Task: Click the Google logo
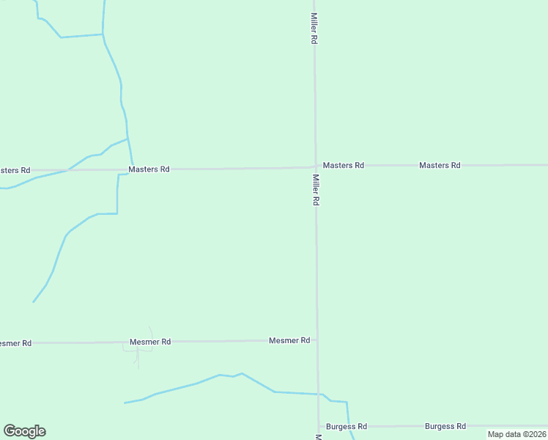24,431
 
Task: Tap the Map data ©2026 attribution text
516,434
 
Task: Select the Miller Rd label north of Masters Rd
314,29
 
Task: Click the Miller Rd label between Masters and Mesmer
316,189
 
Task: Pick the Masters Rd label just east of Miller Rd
344,166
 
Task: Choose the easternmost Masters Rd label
440,166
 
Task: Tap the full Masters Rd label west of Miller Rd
149,169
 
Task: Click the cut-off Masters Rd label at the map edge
15,170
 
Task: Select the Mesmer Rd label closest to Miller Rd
289,340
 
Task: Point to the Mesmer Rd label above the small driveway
150,342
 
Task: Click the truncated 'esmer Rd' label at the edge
15,342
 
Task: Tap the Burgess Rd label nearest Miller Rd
347,426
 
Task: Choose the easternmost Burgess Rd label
445,426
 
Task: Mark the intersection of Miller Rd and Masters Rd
316,166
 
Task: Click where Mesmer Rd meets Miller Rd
317,340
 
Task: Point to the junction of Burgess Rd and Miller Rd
319,426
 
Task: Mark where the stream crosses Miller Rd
318,395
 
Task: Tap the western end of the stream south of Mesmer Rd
126,403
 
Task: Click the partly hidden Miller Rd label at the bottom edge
319,437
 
